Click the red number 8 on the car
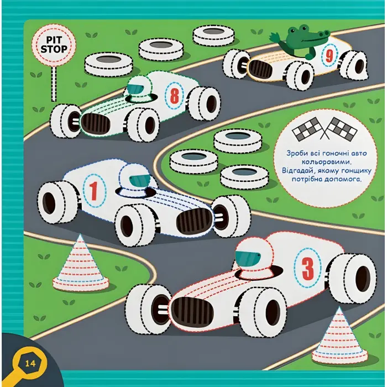coord(175,96)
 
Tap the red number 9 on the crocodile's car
coord(330,56)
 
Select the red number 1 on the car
coord(93,191)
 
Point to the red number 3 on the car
coord(307,268)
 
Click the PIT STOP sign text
coord(54,45)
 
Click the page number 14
coord(30,363)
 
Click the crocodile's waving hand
coord(274,38)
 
